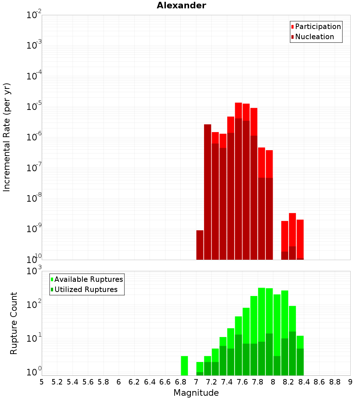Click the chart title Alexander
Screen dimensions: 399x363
pyautogui.click(x=181, y=5)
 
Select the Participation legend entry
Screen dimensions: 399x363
pyautogui.click(x=318, y=26)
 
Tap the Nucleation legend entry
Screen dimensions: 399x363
pyautogui.click(x=314, y=37)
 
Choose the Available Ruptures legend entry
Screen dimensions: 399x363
pyautogui.click(x=88, y=279)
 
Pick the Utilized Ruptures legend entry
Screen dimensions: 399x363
pyautogui.click(x=86, y=289)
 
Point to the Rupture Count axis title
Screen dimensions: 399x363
pyautogui.click(x=14, y=323)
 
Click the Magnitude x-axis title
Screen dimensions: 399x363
pyautogui.click(x=196, y=393)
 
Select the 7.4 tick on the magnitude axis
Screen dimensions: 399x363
pyautogui.click(x=227, y=382)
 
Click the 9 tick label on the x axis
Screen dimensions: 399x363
pyautogui.click(x=350, y=382)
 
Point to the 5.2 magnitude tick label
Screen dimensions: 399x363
pyautogui.click(x=57, y=382)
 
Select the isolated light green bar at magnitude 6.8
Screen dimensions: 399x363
pyautogui.click(x=184, y=366)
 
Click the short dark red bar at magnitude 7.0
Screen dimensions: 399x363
pyautogui.click(x=200, y=245)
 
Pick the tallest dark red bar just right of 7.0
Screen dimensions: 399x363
pyautogui.click(x=208, y=192)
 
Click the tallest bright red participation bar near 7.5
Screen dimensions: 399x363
pyautogui.click(x=238, y=110)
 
